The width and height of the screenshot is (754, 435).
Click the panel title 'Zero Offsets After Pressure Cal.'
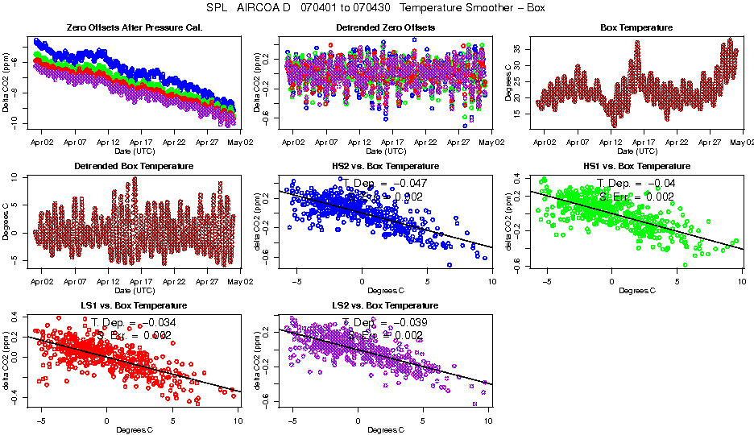coord(134,27)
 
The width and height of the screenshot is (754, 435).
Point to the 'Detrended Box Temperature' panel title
coord(134,167)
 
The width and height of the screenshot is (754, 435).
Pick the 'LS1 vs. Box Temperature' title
coord(134,306)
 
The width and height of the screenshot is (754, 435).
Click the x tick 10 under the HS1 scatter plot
coord(742,281)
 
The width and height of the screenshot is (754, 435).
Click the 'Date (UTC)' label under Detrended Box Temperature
coord(134,290)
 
